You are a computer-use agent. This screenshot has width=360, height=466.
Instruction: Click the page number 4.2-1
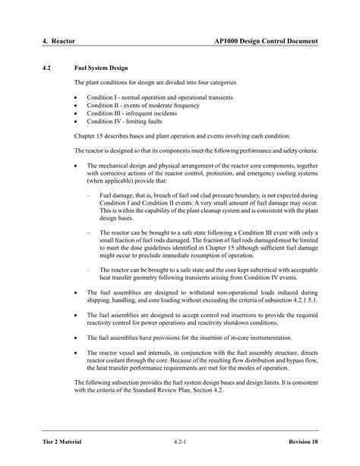click(x=180, y=441)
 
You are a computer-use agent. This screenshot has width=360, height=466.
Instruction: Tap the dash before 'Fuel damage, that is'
click(x=90, y=195)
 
